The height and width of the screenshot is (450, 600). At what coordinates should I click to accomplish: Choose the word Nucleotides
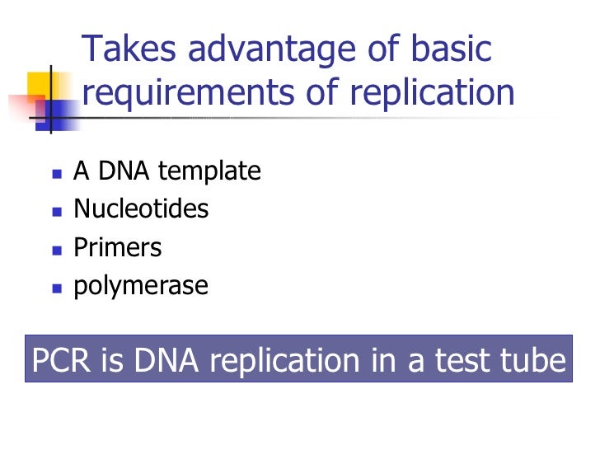pyautogui.click(x=141, y=209)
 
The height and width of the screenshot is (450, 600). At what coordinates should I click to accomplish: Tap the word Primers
pyautogui.click(x=118, y=248)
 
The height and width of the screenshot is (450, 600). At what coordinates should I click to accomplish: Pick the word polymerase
pyautogui.click(x=141, y=287)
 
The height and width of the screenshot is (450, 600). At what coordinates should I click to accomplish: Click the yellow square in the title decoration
pyautogui.click(x=40, y=86)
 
